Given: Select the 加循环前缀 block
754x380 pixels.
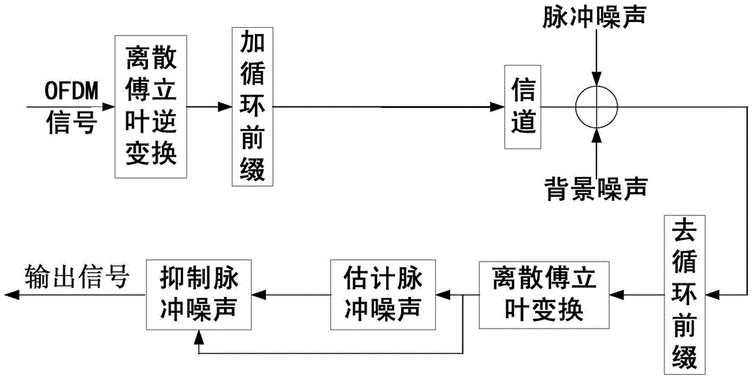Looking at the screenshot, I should tap(252, 106).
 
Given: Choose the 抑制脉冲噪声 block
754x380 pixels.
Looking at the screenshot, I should tap(199, 293).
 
